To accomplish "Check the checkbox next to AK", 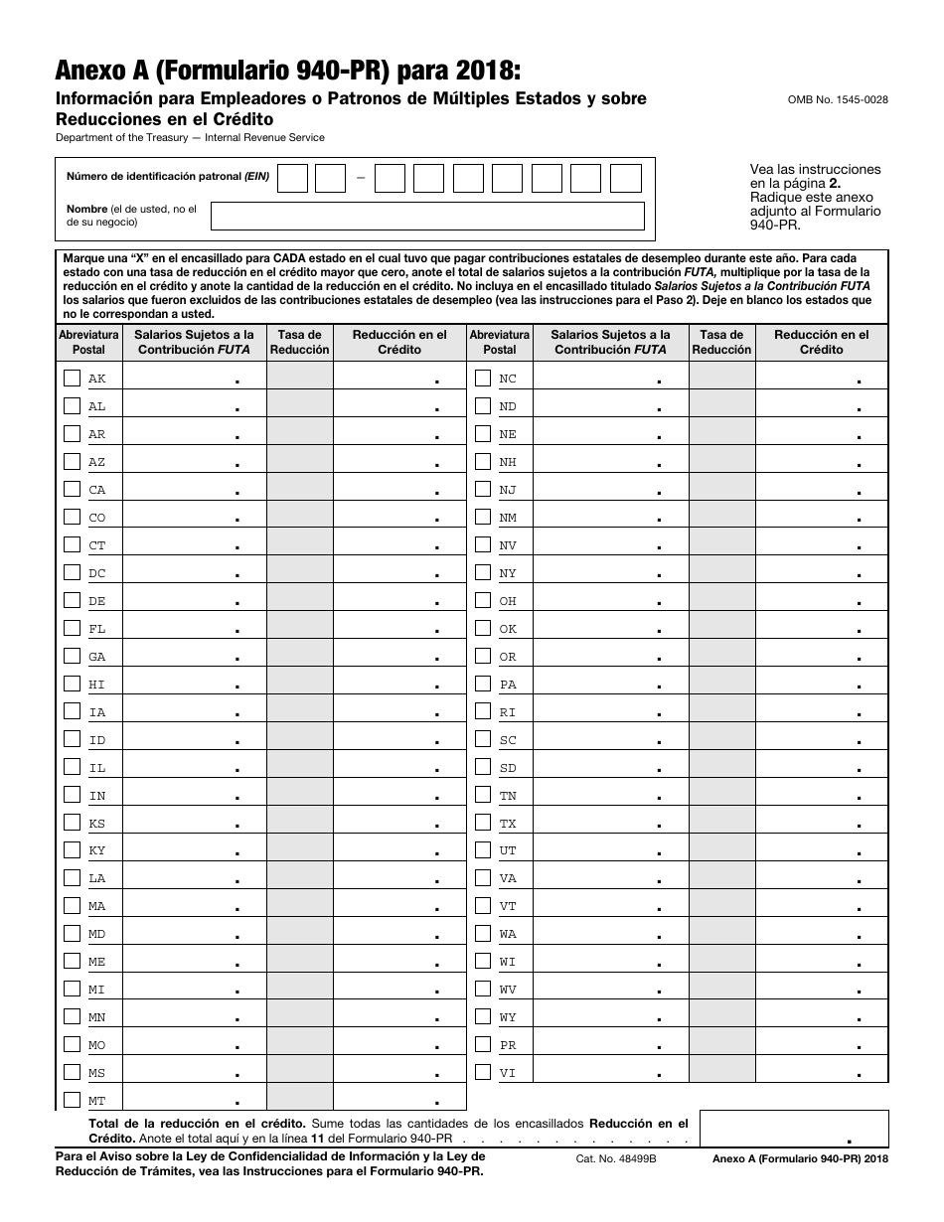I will click(72, 379).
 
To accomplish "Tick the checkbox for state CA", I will click(72, 490).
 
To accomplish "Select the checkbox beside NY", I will click(483, 573).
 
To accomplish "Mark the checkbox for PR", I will click(483, 1045).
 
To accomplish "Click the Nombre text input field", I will click(427, 216).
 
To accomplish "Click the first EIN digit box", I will click(292, 179).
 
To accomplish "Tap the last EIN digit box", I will click(626, 179).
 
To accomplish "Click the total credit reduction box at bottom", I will click(793, 1129).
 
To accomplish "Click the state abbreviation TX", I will click(508, 824).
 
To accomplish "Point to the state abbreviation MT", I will click(97, 1101).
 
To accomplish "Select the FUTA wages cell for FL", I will click(194, 629).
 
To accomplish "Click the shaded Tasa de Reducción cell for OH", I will click(722, 601).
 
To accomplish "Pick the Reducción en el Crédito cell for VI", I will click(821, 1073).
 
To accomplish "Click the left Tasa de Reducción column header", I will click(299, 342).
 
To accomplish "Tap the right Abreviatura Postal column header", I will click(500, 342).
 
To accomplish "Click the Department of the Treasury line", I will click(190, 137).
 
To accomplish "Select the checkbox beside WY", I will click(483, 1017).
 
